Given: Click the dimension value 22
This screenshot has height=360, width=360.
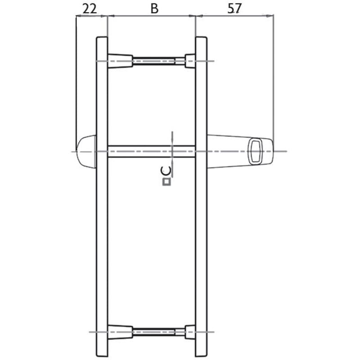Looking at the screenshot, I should click(x=90, y=9).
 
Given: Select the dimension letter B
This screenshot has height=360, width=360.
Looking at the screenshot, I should click(x=154, y=9).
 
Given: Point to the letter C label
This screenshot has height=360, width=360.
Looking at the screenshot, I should click(x=166, y=171).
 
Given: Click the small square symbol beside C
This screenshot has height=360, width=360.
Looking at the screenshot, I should click(x=166, y=182).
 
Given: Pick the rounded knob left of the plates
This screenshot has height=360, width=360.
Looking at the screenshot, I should click(x=86, y=151).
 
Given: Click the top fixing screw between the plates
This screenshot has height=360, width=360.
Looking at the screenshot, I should click(x=159, y=61).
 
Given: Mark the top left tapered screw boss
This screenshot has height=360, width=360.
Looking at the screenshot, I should click(x=120, y=61).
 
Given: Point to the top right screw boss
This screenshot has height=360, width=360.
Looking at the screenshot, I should click(x=190, y=61).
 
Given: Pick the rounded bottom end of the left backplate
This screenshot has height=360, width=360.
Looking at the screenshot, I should click(x=102, y=353).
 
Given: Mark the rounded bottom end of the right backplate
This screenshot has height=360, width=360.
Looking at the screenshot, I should click(x=201, y=353).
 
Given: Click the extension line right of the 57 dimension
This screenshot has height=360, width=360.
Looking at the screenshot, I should click(x=273, y=76).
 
